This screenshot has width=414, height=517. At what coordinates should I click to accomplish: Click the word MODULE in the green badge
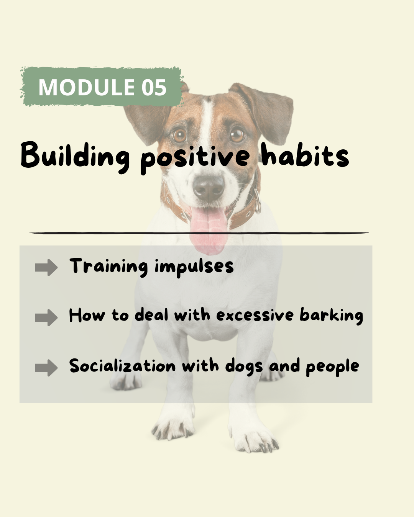[87, 87]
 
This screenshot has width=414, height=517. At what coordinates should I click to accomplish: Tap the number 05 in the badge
[154, 87]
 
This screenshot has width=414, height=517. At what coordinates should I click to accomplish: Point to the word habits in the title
[305, 154]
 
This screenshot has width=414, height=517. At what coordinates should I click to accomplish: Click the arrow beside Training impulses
[46, 267]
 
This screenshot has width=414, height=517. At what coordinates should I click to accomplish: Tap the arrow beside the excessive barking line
[46, 317]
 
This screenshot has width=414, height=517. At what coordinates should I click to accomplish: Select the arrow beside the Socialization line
[46, 368]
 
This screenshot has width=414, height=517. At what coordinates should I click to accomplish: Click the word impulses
[194, 267]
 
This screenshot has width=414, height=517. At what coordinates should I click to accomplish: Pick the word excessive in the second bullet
[255, 315]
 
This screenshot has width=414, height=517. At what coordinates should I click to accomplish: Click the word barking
[332, 316]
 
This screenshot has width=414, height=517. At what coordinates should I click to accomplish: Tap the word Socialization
[122, 366]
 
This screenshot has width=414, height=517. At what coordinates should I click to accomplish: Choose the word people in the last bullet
[332, 367]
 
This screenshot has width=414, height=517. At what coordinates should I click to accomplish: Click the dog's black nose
[209, 188]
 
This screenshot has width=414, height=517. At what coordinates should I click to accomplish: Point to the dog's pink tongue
[209, 231]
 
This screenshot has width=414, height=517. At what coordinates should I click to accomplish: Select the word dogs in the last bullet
[244, 366]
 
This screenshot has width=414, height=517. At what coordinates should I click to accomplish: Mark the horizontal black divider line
[199, 233]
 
